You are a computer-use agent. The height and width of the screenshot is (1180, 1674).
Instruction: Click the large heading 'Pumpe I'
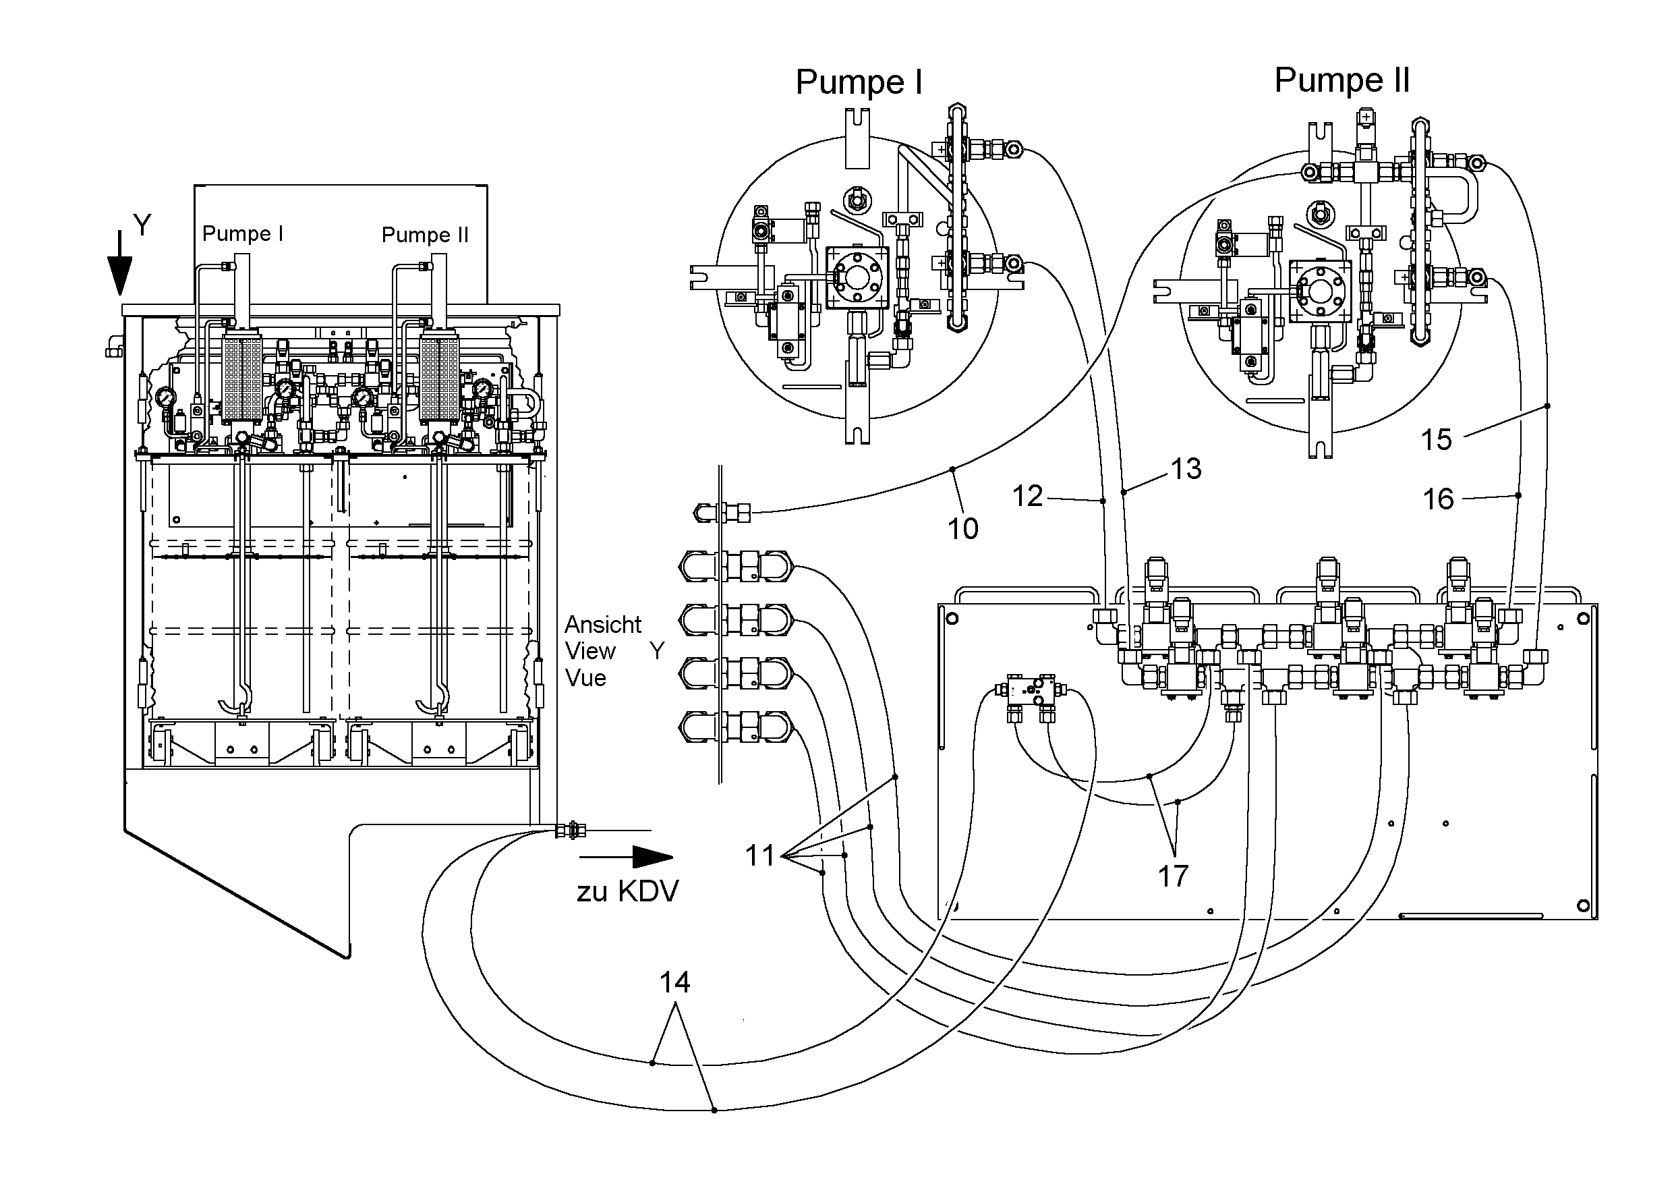coord(859,82)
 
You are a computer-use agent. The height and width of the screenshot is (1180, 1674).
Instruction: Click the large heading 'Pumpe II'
coord(1341,80)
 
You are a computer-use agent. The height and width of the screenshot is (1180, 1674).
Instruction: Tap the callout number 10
coord(962,529)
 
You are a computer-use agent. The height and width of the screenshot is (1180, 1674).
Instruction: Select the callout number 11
coord(759,855)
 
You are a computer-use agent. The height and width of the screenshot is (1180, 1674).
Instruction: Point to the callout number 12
coord(1027,497)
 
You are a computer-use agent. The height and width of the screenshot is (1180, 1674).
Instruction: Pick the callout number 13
coord(1186,469)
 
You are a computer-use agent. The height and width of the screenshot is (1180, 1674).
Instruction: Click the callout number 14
coord(674,983)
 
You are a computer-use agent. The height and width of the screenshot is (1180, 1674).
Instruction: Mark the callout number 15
coord(1437,440)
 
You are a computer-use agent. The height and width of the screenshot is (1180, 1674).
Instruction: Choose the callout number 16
coord(1438,499)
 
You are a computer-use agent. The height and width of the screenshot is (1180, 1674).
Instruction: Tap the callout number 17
coord(1173,876)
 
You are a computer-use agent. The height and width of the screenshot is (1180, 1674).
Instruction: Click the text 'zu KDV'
coord(628,891)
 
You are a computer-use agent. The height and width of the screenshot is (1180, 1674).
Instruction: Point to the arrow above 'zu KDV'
coord(627,857)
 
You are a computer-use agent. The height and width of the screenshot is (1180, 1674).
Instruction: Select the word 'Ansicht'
coord(603,625)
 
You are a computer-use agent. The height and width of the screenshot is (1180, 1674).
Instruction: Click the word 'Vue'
coord(585,678)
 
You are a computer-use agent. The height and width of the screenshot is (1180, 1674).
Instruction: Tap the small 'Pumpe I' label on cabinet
coord(242,233)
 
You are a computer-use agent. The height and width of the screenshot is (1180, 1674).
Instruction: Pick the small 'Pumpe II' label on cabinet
coord(425,235)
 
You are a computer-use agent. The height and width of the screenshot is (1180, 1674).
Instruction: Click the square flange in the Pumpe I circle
coord(857,278)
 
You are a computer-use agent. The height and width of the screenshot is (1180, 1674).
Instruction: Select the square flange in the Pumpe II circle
coord(1321,291)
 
